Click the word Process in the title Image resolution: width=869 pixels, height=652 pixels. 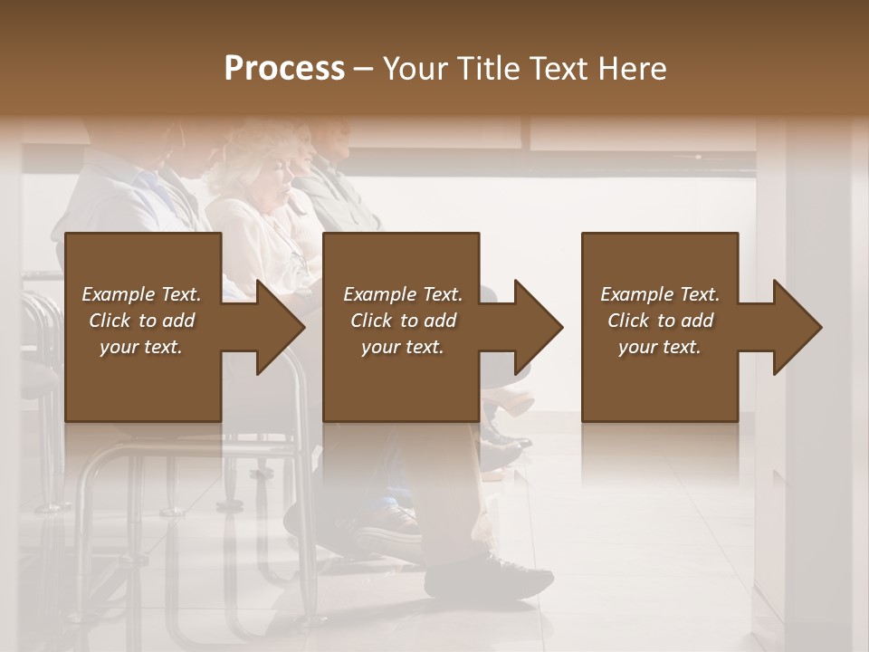[284, 69]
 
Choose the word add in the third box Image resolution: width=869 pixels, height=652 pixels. [697, 321]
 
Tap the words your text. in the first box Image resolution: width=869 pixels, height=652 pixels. [141, 347]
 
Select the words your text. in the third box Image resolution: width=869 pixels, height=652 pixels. [660, 347]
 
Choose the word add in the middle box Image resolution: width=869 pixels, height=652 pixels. [440, 321]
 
